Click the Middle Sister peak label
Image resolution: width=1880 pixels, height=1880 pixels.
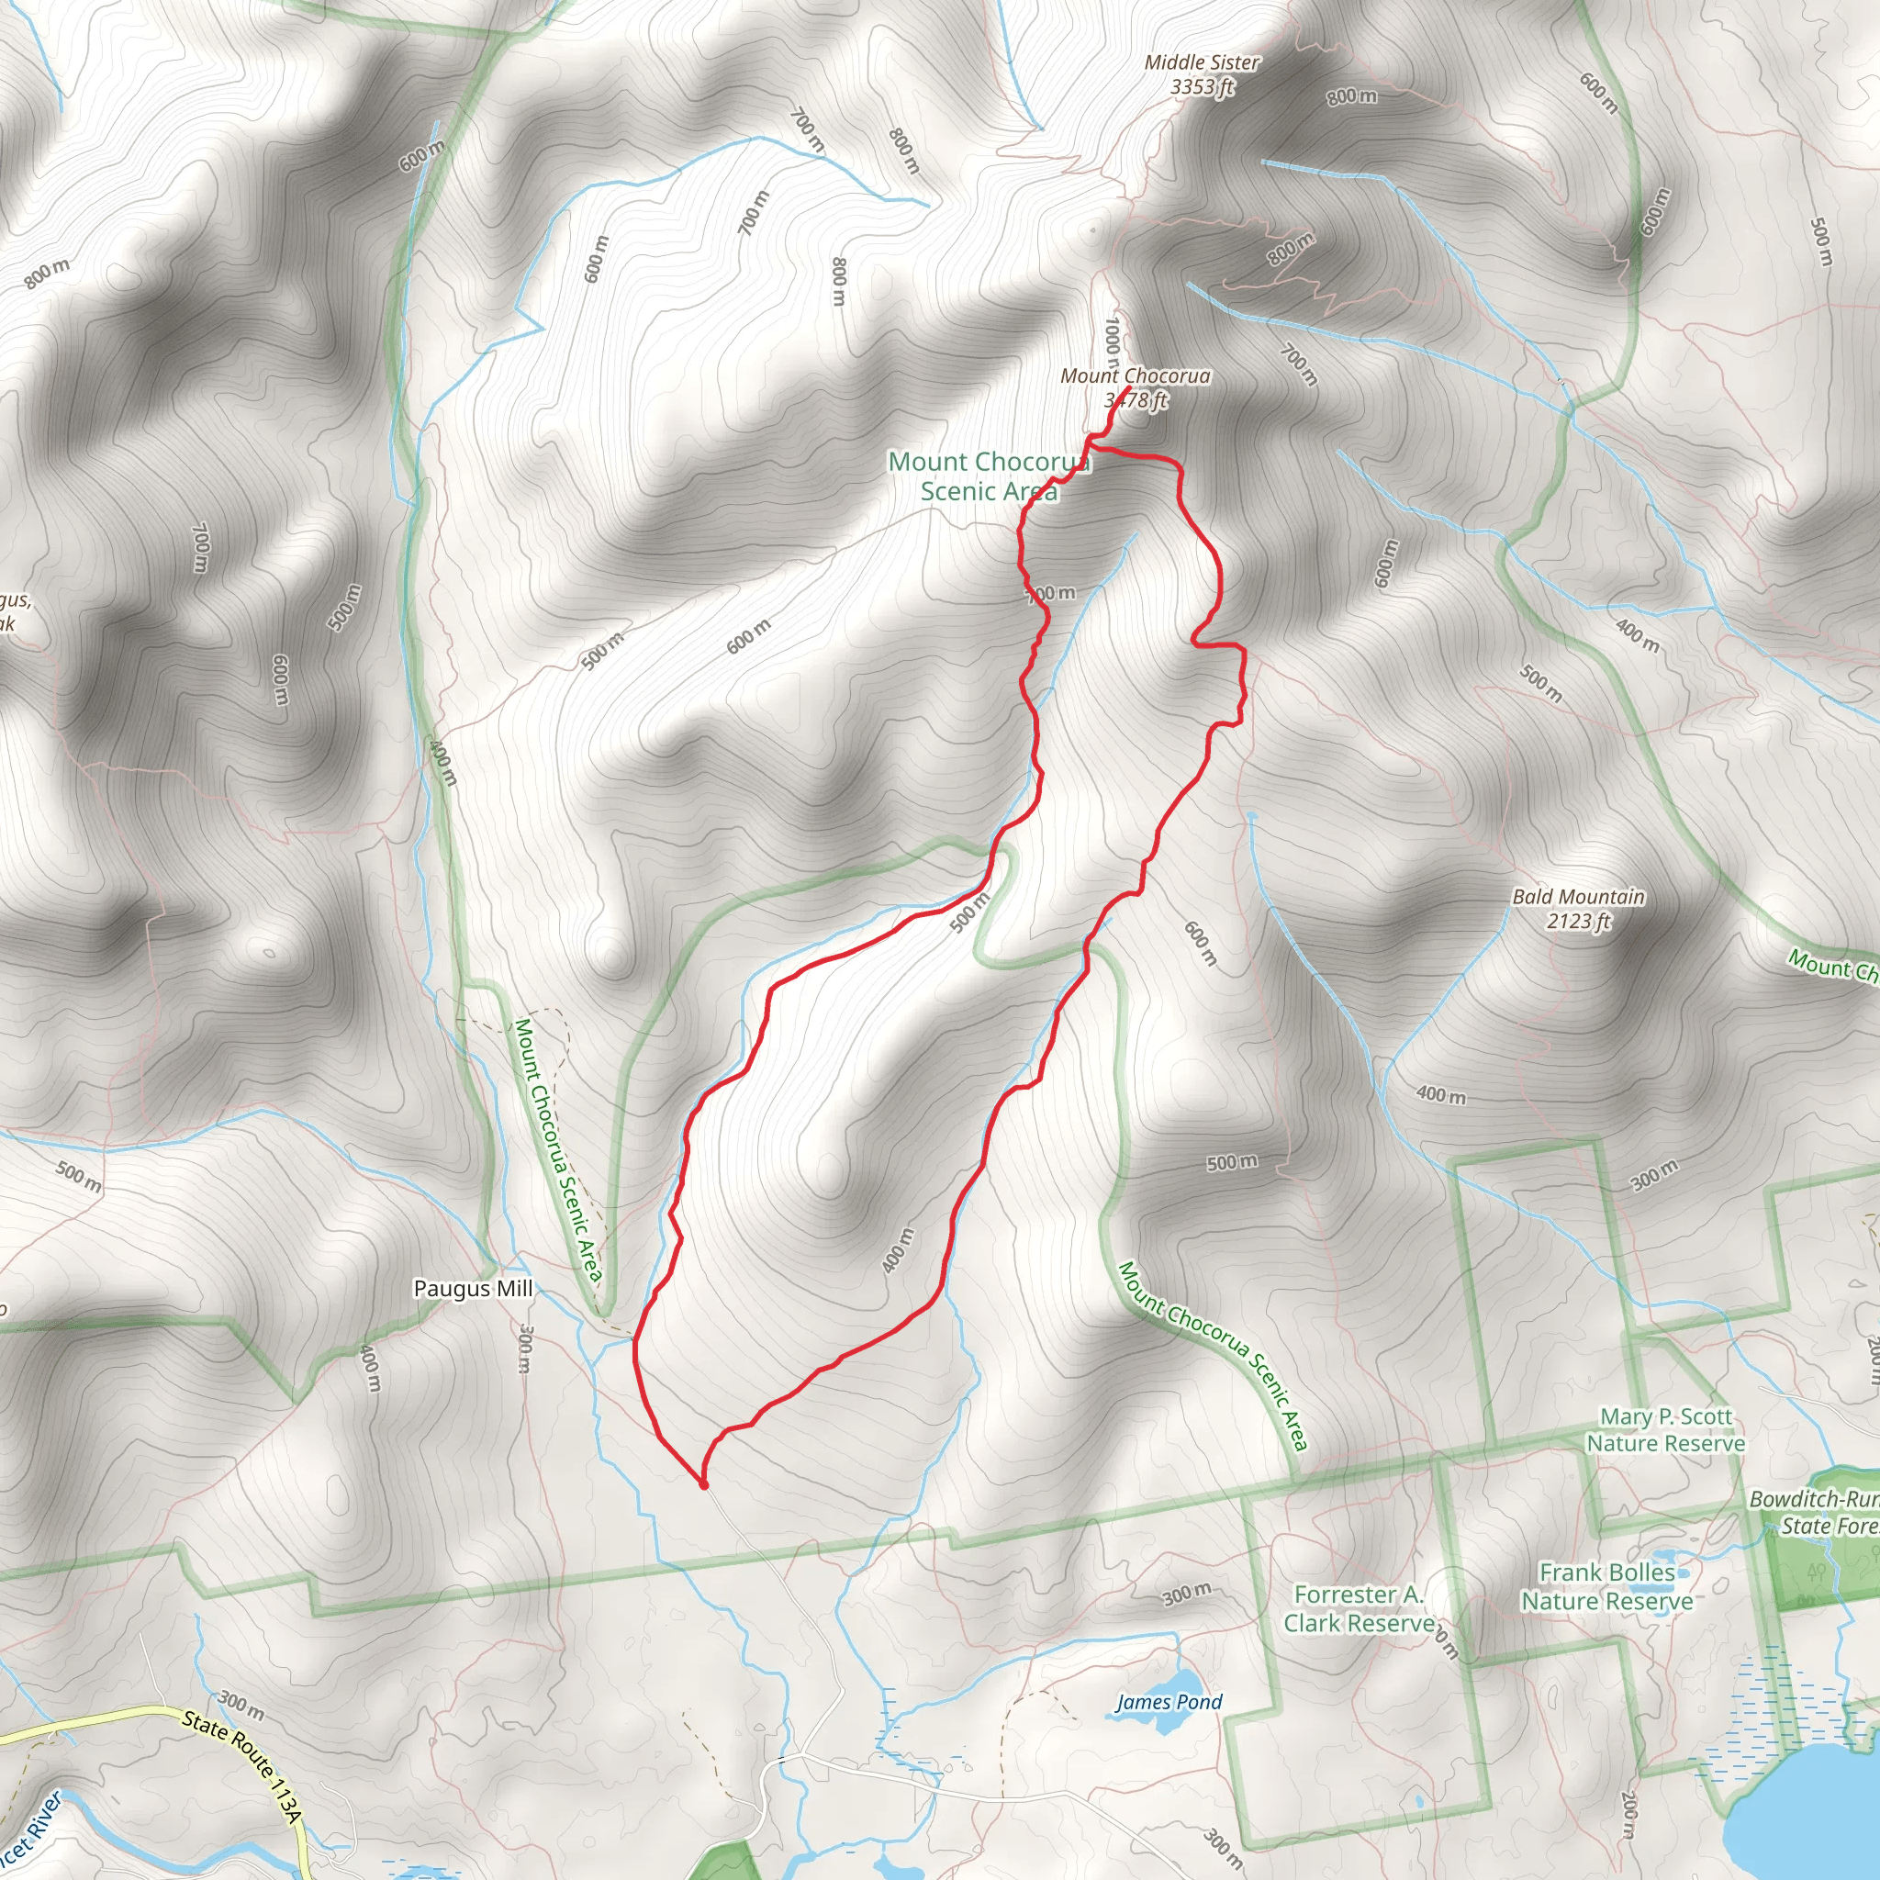click(1202, 74)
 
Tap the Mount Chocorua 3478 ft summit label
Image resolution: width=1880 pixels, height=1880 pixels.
click(1135, 387)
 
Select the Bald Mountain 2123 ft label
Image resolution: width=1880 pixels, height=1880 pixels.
click(1578, 908)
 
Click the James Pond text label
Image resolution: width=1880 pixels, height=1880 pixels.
click(1169, 1701)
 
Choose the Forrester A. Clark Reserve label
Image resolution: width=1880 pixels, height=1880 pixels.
click(1359, 1607)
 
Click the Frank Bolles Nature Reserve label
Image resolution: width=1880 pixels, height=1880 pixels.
click(1606, 1586)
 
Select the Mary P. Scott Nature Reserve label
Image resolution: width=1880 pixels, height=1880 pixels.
click(1665, 1429)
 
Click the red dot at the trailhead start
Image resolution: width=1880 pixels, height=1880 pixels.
click(702, 1485)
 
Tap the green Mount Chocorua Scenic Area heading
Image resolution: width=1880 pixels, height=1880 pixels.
click(988, 476)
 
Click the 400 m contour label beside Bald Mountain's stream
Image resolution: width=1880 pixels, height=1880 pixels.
click(1440, 1095)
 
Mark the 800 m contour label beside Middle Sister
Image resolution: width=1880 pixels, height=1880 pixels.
click(1351, 95)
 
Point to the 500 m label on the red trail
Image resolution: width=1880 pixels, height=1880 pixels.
click(969, 912)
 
